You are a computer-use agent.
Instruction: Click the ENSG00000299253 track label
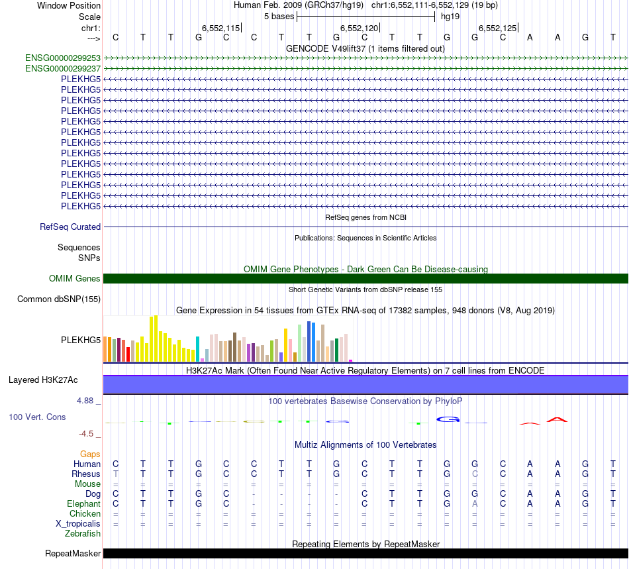(63, 58)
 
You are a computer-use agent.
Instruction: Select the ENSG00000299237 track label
(63, 68)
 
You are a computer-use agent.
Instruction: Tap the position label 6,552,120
(359, 28)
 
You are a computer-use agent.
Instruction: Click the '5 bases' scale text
(279, 16)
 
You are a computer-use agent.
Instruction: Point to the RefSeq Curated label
(70, 227)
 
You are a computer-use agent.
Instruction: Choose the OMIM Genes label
(75, 279)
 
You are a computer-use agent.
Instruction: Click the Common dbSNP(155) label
(59, 299)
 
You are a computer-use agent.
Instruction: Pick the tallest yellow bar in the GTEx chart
(156, 338)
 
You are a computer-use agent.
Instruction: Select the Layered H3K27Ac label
(43, 380)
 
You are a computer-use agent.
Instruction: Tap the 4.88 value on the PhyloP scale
(87, 401)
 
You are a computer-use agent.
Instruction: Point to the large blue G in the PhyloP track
(448, 419)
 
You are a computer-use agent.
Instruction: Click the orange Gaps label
(90, 454)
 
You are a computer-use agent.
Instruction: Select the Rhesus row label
(86, 474)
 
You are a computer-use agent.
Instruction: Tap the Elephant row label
(83, 503)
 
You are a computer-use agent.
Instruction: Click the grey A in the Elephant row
(475, 503)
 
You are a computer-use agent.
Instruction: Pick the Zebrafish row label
(83, 533)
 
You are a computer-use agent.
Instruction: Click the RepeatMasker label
(73, 554)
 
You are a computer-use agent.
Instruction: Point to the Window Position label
(69, 5)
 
